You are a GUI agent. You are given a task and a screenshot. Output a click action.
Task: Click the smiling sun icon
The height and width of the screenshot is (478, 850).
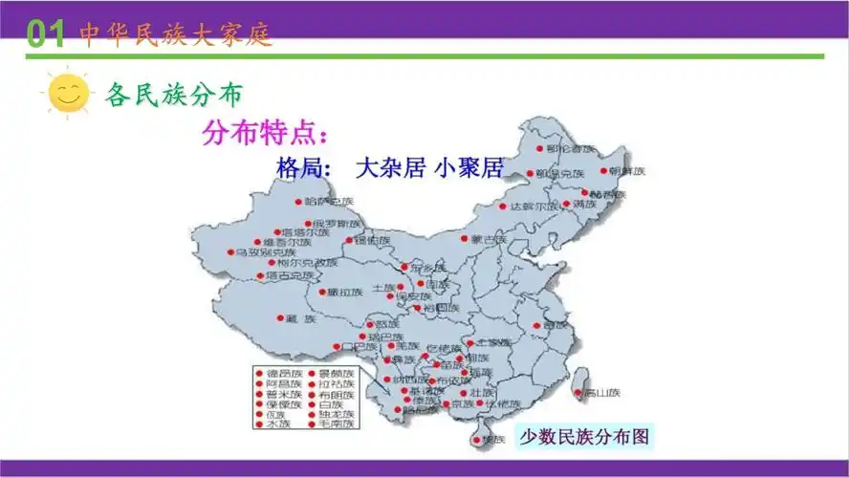(x=67, y=94)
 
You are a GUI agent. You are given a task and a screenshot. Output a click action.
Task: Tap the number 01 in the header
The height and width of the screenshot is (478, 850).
(x=45, y=34)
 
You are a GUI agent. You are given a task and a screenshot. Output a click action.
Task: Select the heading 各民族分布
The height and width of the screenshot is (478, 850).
(x=174, y=95)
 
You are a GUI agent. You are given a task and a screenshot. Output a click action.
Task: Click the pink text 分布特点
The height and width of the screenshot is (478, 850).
(x=265, y=133)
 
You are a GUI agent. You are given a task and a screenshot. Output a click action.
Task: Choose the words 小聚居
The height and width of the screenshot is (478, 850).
(x=468, y=168)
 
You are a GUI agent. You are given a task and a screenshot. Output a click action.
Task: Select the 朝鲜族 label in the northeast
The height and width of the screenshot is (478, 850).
(x=627, y=171)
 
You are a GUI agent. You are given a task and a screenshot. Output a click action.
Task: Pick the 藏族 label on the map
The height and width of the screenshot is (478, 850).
(x=300, y=319)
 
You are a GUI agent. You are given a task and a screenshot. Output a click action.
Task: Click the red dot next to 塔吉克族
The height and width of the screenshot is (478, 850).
(x=260, y=276)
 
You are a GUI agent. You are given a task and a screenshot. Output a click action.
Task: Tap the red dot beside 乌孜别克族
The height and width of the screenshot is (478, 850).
(x=230, y=252)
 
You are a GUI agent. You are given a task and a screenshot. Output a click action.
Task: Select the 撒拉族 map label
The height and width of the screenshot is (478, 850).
(x=346, y=293)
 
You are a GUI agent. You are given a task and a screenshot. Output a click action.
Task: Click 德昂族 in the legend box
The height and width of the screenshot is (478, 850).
(x=284, y=373)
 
